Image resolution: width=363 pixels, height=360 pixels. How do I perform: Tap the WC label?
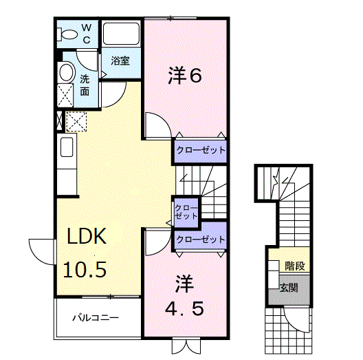point(87,32)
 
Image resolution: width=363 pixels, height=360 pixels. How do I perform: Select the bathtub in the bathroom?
point(121,35)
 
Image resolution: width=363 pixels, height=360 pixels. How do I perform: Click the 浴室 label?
point(121,61)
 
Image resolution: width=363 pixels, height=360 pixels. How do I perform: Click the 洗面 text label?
point(85,84)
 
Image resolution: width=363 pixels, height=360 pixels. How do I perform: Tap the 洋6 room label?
point(185,76)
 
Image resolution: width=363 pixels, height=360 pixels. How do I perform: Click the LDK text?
point(86,237)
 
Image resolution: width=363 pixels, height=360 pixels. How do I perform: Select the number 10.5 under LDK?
point(86,268)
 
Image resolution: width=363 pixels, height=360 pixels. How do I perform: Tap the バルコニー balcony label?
point(97,319)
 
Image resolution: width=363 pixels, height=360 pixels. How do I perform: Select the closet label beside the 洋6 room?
point(199,149)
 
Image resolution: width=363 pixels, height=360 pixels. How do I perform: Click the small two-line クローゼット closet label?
point(185,211)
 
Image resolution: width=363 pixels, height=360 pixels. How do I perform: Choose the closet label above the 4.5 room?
point(200,240)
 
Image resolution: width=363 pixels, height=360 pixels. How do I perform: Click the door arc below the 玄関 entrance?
point(297,320)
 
